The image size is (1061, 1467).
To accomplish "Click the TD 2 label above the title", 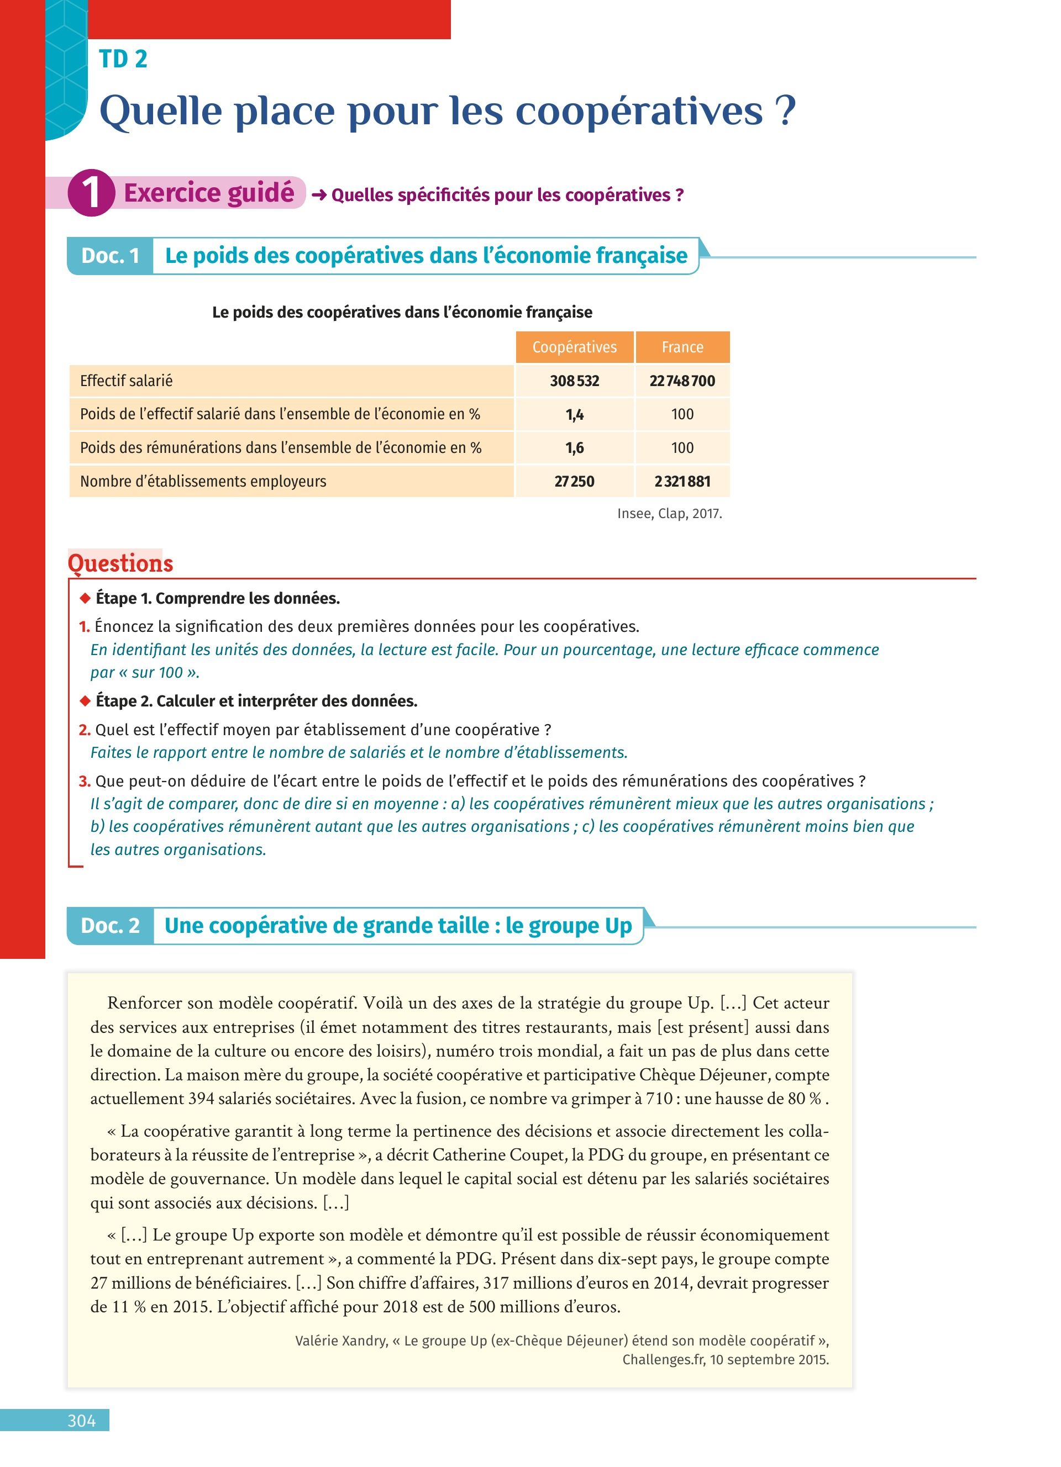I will (x=123, y=59).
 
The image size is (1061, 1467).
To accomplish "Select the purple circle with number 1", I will (x=91, y=192).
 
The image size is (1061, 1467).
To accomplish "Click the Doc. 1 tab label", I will (x=111, y=256).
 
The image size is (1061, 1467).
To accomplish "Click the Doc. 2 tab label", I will (x=111, y=926).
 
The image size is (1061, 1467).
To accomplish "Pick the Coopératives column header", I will (x=575, y=347).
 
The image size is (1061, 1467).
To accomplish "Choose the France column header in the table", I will (x=682, y=347).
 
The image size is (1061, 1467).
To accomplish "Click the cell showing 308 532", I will (x=575, y=381).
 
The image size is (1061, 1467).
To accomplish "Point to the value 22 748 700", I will (x=682, y=381).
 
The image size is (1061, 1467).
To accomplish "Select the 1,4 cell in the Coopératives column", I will (x=575, y=415).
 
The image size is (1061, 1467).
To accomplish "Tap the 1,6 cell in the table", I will (x=575, y=447).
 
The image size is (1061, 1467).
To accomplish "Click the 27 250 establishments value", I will (x=575, y=481).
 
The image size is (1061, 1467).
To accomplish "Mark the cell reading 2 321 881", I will (x=682, y=481).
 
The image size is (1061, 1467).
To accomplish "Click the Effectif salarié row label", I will (x=126, y=381).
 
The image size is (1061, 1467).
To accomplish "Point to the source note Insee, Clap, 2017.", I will (x=670, y=514).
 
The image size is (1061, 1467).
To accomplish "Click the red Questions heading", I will (x=120, y=563).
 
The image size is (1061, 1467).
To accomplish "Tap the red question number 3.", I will (x=84, y=782).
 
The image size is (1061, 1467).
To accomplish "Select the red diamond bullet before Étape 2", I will (x=85, y=701).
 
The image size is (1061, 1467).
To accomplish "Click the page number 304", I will (x=82, y=1421).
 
